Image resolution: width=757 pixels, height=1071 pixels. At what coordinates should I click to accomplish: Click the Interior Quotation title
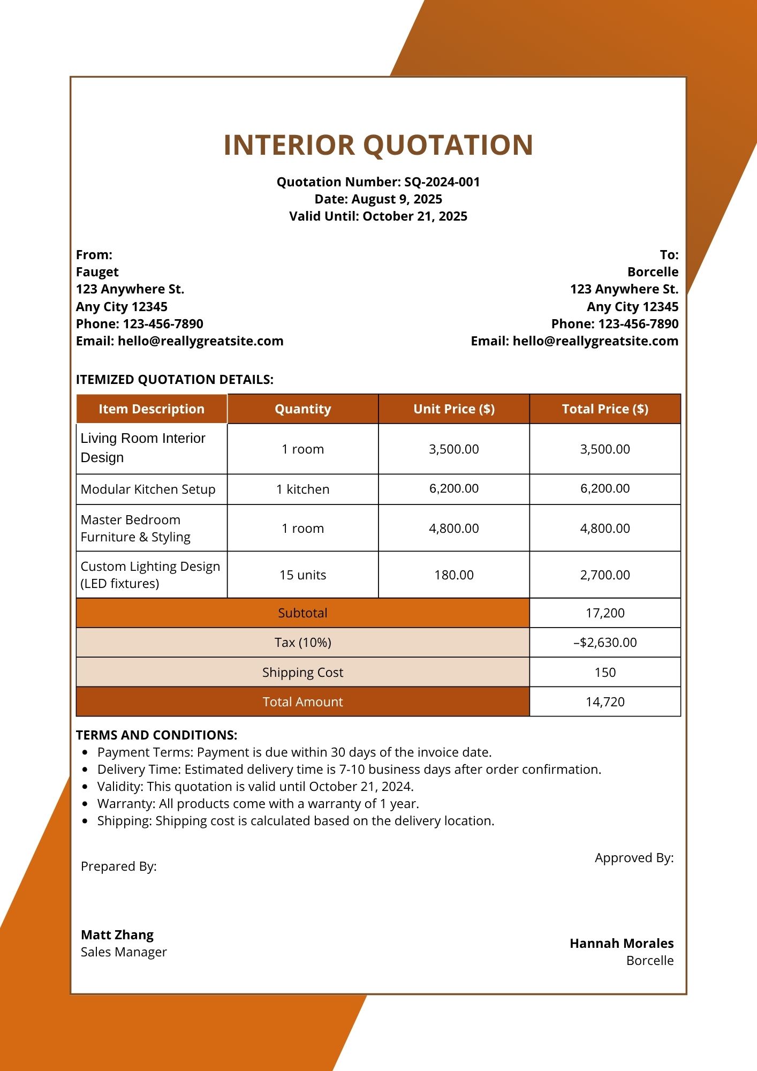pos(378,145)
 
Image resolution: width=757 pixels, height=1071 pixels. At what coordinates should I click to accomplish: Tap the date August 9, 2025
pos(397,199)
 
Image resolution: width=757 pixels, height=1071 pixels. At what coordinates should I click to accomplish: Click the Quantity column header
pos(302,409)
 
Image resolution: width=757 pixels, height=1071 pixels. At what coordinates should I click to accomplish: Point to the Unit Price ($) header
pos(453,409)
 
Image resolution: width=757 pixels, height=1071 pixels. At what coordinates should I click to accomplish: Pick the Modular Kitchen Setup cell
pos(148,489)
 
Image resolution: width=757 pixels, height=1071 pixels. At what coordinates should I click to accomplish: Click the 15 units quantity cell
pos(302,575)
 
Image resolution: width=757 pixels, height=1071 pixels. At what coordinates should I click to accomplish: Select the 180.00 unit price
pos(453,575)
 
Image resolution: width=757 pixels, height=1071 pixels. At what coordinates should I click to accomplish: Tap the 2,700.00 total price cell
pos(605,575)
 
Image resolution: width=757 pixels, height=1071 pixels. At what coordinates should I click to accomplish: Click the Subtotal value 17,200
pos(605,613)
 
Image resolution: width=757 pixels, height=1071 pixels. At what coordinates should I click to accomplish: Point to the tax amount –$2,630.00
pos(605,642)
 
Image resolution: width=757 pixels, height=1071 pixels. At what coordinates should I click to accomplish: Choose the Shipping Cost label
pos(302,672)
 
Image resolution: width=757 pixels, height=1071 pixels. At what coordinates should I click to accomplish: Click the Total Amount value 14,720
pos(605,702)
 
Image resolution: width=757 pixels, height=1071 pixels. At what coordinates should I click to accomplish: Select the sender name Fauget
pos(97,272)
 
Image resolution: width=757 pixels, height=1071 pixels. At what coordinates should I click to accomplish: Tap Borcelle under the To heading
pos(653,272)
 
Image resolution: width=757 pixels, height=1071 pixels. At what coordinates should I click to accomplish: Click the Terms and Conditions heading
pos(156,735)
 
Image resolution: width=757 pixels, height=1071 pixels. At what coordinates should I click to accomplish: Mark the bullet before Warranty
pos(85,804)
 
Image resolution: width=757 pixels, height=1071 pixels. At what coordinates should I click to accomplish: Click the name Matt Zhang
pos(117,934)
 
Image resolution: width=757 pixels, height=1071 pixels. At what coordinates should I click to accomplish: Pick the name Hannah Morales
pos(621,943)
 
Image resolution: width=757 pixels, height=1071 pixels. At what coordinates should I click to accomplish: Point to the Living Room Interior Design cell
pos(143,448)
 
